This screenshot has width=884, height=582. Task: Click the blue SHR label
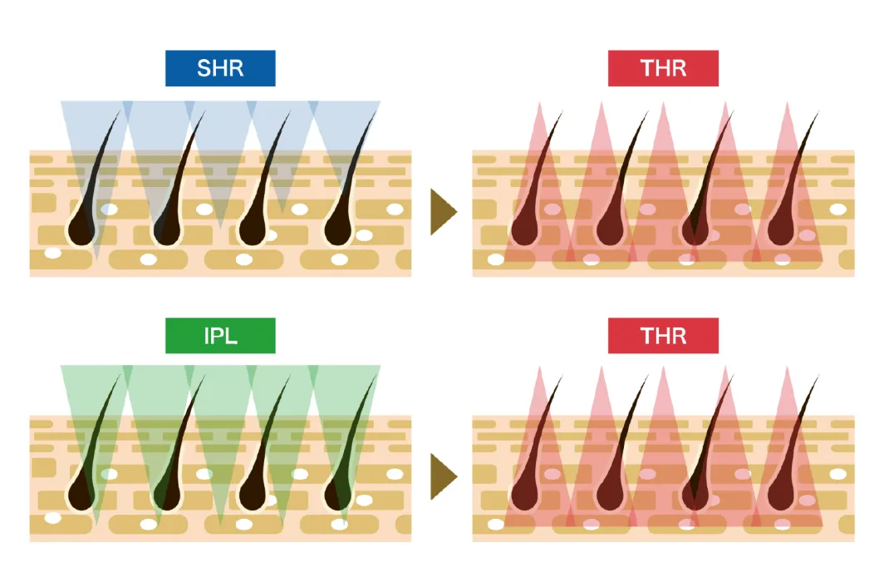(220, 68)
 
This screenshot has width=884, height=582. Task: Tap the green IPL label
(220, 336)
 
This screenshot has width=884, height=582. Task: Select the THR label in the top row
(663, 68)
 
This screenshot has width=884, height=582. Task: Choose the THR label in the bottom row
(663, 336)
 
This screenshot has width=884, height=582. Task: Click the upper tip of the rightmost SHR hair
(375, 113)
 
